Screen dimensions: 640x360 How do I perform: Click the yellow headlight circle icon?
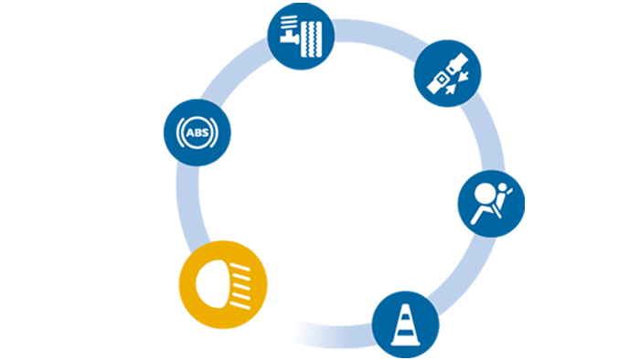pyautogui.click(x=223, y=284)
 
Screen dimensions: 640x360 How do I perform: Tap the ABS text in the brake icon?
pyautogui.click(x=197, y=132)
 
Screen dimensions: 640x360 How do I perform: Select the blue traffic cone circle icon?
pyautogui.click(x=405, y=324)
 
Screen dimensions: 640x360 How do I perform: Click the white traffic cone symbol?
pyautogui.click(x=405, y=325)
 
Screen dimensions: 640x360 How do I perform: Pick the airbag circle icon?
pyautogui.click(x=491, y=204)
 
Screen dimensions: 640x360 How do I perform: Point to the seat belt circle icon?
pyautogui.click(x=447, y=73)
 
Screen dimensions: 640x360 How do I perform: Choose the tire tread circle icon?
pyautogui.click(x=301, y=36)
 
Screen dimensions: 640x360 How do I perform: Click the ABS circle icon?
pyautogui.click(x=197, y=132)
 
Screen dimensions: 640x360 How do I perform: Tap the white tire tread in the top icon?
pyautogui.click(x=311, y=39)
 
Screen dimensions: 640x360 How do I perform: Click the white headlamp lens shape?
pyautogui.click(x=212, y=284)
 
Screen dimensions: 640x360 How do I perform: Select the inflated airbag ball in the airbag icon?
pyautogui.click(x=485, y=194)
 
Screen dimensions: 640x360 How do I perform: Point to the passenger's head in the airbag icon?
pyautogui.click(x=503, y=187)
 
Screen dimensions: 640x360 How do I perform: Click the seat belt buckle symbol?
pyautogui.click(x=447, y=73)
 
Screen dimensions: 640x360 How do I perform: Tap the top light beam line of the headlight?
pyautogui.click(x=240, y=267)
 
